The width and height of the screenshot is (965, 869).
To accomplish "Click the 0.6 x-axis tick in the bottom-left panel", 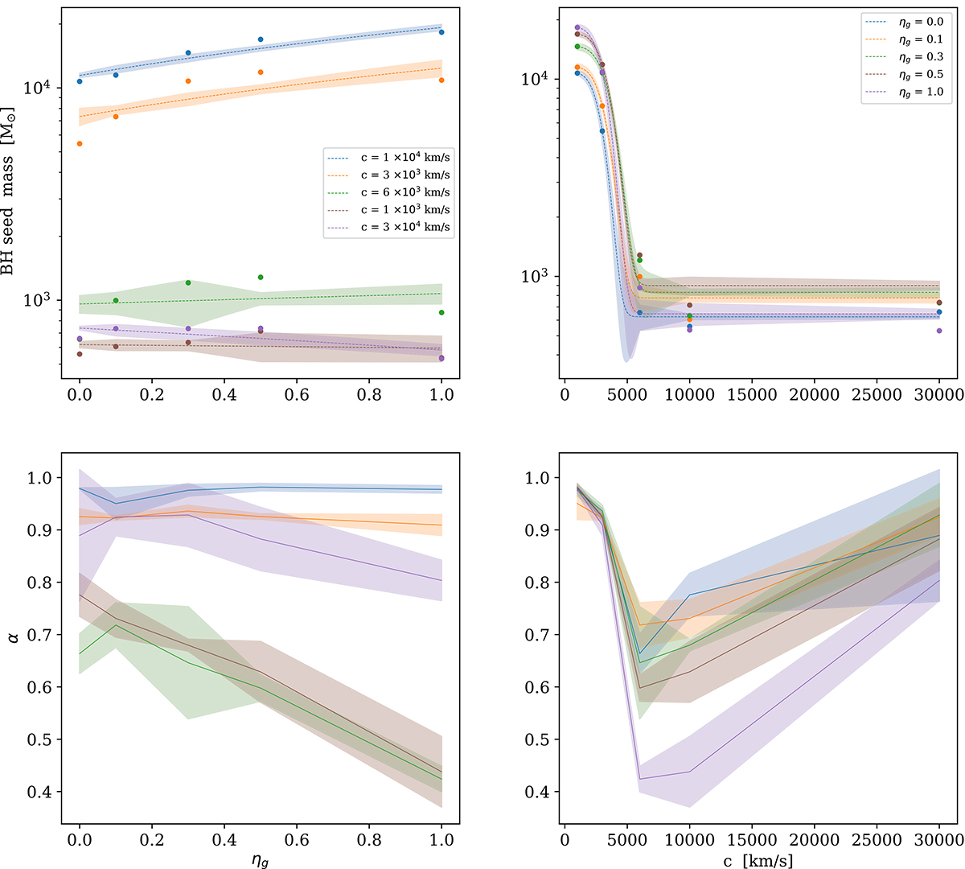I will pyautogui.click(x=297, y=840).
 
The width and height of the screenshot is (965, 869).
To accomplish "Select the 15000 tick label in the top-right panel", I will pyautogui.click(x=752, y=395).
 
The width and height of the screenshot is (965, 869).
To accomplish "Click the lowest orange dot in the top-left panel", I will pyautogui.click(x=80, y=144).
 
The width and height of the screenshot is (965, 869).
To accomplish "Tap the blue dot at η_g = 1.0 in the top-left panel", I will pyautogui.click(x=441, y=32).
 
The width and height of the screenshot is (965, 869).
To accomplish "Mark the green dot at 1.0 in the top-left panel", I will pyautogui.click(x=441, y=312).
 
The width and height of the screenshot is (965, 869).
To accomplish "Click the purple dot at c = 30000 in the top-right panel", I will pyautogui.click(x=939, y=331).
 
